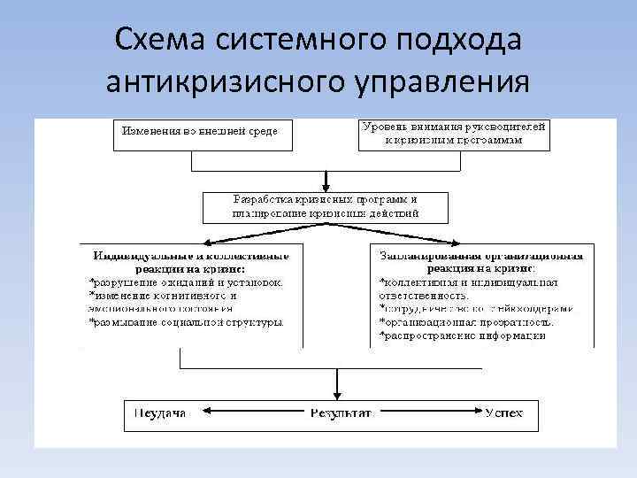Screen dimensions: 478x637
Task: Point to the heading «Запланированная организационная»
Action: pos(480,255)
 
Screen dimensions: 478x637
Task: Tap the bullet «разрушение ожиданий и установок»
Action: pos(187,281)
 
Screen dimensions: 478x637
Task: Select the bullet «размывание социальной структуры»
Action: pos(187,322)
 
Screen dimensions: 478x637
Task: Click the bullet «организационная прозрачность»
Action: pos(466,322)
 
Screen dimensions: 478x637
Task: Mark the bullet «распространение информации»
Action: pos(469,336)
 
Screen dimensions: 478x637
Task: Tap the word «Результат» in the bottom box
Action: pos(341,412)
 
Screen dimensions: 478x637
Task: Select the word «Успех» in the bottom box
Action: pos(503,412)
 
